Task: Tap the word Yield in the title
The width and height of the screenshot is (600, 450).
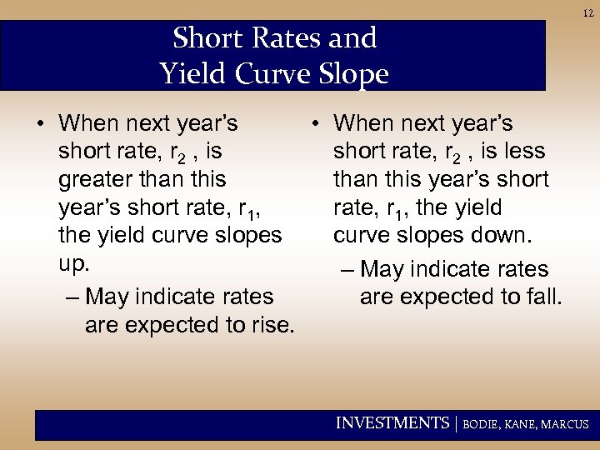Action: coord(189,74)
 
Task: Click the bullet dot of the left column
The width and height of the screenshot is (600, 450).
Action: coord(40,125)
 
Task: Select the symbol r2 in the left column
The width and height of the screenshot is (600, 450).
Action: coord(177,153)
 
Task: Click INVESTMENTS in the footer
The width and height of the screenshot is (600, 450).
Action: coord(392,423)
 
